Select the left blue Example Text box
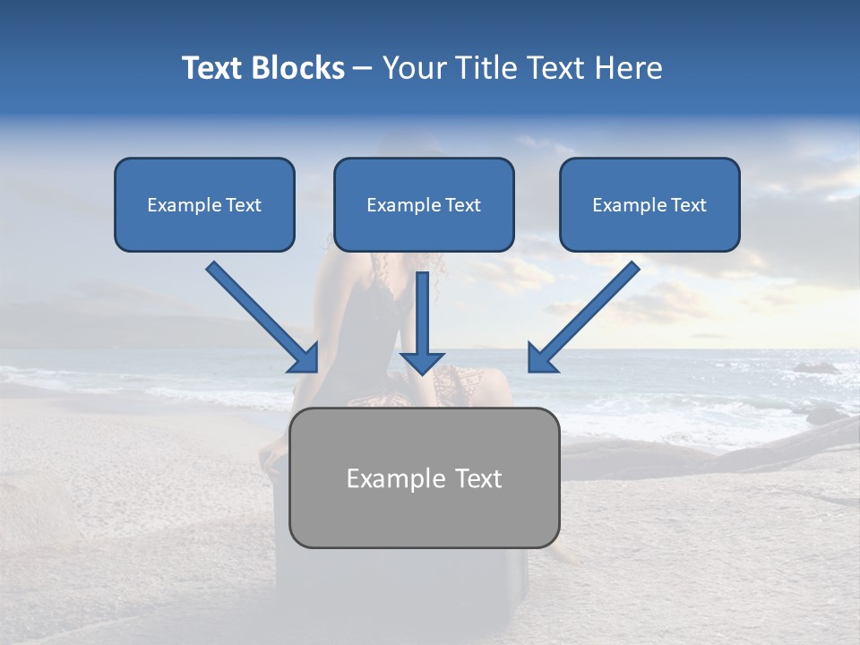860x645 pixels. click(204, 205)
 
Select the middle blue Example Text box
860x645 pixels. click(424, 205)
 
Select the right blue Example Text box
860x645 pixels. click(649, 205)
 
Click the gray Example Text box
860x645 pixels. click(424, 477)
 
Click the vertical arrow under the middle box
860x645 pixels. click(423, 318)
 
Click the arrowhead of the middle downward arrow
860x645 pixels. click(422, 362)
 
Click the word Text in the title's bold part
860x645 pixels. click(211, 68)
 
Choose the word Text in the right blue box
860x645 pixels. click(688, 205)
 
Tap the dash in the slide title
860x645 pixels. click(363, 68)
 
